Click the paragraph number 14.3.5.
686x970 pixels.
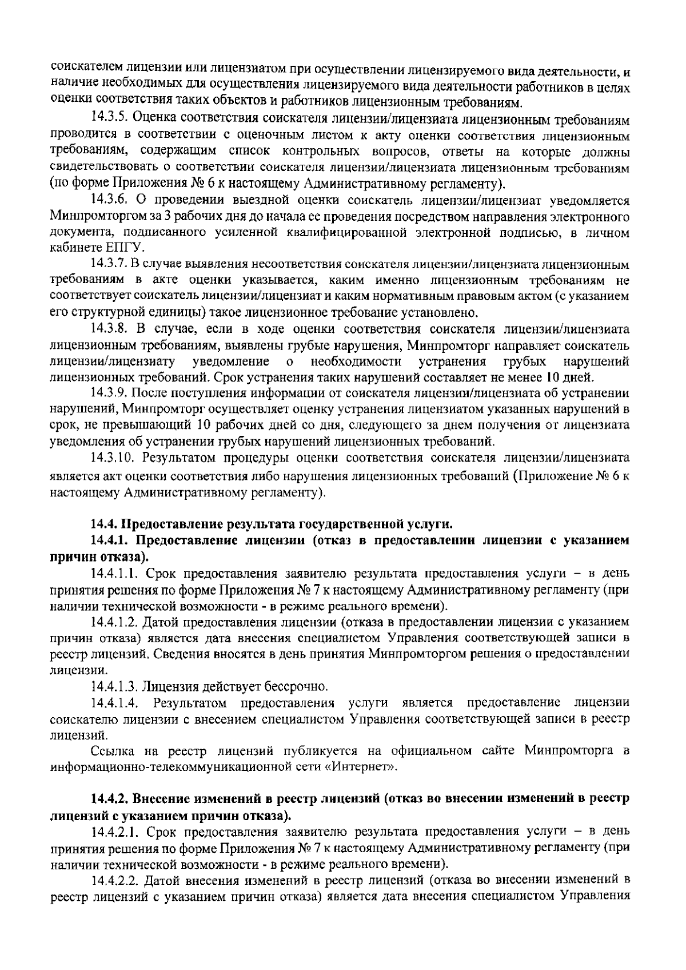pos(111,120)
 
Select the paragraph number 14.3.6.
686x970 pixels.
pos(111,201)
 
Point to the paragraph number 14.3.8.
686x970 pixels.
pos(111,329)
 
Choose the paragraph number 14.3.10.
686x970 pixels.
pos(114,458)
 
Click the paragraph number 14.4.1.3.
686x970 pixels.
pos(115,686)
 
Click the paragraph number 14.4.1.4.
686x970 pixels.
pos(115,702)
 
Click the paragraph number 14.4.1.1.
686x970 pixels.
pos(115,573)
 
